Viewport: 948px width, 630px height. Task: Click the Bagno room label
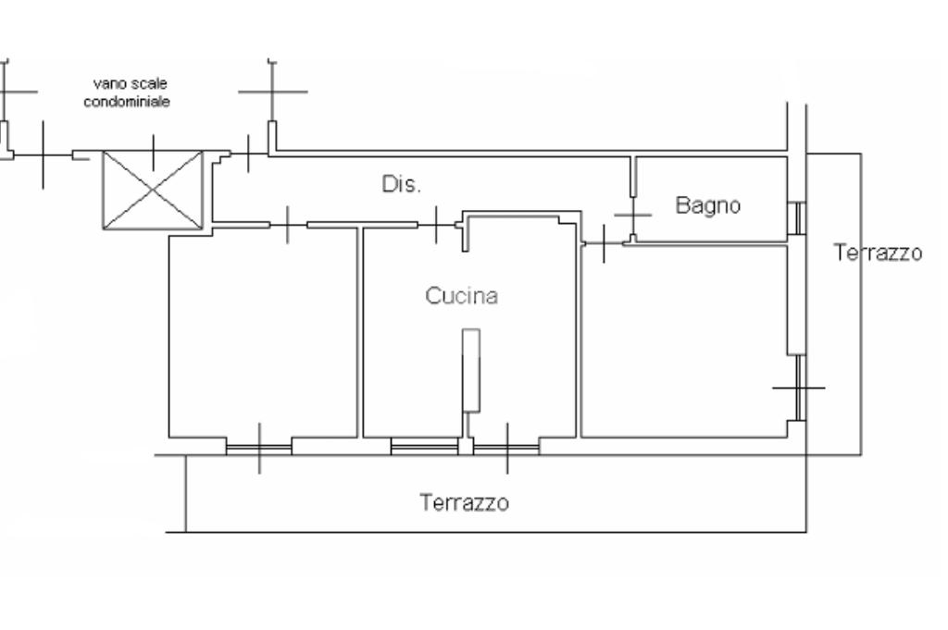coord(707,205)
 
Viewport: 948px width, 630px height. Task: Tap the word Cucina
coord(461,296)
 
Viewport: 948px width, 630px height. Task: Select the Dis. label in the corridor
coord(401,184)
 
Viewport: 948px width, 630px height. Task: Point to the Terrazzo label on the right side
coord(878,253)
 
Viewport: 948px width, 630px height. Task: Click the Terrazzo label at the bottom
coord(464,503)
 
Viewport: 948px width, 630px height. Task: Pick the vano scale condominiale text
coord(138,93)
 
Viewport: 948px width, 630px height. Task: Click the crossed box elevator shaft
coord(152,190)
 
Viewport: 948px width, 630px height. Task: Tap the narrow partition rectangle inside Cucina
coord(471,369)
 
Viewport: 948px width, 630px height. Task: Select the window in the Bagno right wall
coord(796,218)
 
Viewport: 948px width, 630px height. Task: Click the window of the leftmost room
coord(258,446)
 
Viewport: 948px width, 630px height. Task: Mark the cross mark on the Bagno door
coord(632,215)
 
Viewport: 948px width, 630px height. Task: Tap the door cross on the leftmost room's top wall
coord(288,224)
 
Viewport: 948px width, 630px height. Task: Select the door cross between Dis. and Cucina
coord(436,224)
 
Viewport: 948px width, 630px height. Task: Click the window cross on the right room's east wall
coord(797,387)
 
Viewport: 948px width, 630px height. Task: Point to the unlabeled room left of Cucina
coord(262,333)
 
